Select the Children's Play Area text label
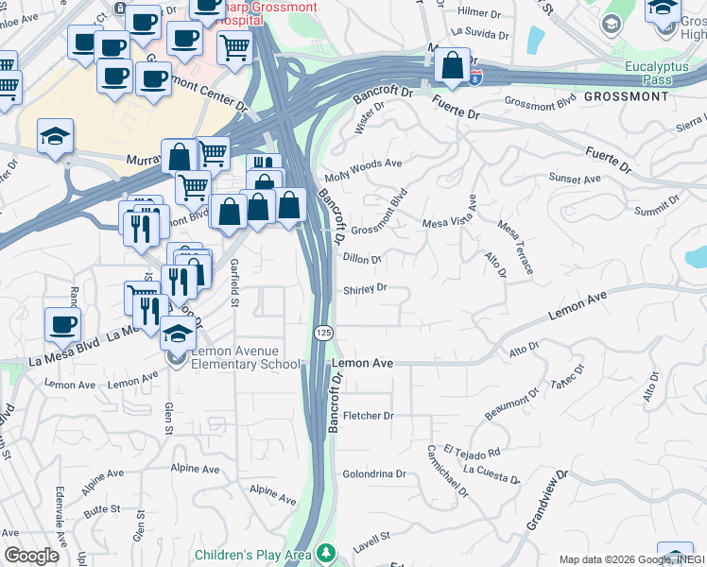252,554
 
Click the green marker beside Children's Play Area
326,552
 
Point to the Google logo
31,556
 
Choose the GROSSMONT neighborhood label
626,96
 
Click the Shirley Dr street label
366,288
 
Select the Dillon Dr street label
363,258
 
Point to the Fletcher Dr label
368,415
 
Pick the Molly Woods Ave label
363,170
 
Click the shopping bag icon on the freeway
453,66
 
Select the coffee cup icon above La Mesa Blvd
63,325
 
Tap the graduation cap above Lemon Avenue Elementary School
178,334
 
